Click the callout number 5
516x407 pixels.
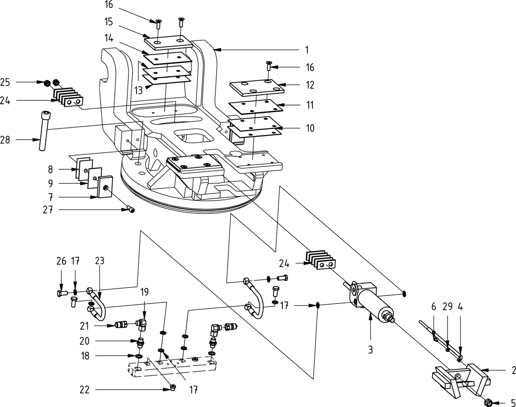coord(513,402)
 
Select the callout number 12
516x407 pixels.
coord(310,85)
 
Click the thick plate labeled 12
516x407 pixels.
coord(258,87)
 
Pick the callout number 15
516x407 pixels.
coord(108,22)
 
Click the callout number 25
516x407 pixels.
coord(6,82)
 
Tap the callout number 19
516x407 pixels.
coord(144,293)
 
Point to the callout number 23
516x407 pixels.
coord(100,261)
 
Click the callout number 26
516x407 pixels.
coord(61,261)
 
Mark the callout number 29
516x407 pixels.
coord(448,307)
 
